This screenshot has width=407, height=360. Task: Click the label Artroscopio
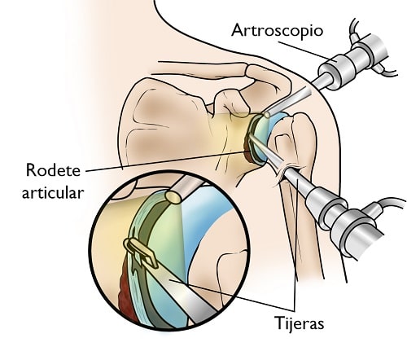point(277,31)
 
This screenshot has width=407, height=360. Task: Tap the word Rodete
point(53,170)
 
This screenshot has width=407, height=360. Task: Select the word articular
point(53,193)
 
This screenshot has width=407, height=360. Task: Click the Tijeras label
point(300,323)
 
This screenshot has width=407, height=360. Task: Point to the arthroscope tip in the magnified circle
point(173,197)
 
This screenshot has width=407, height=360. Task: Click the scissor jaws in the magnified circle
point(141,252)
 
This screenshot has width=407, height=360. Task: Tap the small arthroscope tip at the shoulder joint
point(267,115)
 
